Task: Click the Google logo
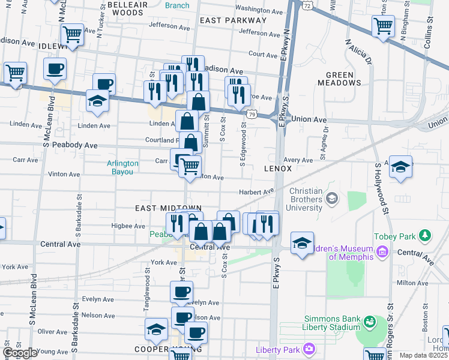point(20,353)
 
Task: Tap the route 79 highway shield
point(253,115)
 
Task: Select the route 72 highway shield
point(307,5)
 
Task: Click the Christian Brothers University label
point(306,199)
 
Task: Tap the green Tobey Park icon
point(426,234)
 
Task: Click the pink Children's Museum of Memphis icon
point(381,256)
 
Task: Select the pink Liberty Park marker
point(309,348)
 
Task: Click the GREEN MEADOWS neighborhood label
point(348,79)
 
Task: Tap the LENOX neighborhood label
point(277,169)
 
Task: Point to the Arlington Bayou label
point(122,167)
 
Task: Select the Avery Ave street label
point(298,160)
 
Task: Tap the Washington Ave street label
point(259,10)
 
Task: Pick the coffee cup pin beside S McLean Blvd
point(55,69)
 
